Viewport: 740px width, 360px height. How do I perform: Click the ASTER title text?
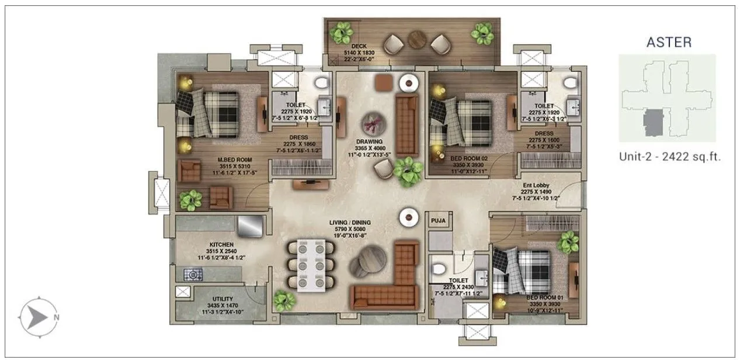click(x=668, y=42)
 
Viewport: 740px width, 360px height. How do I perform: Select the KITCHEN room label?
click(x=221, y=244)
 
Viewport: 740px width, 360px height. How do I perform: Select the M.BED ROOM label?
click(x=219, y=159)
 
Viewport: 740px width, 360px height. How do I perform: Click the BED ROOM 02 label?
click(x=468, y=158)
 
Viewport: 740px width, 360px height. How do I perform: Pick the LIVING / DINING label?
click(x=350, y=223)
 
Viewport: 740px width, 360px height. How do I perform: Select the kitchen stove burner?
click(x=193, y=274)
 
